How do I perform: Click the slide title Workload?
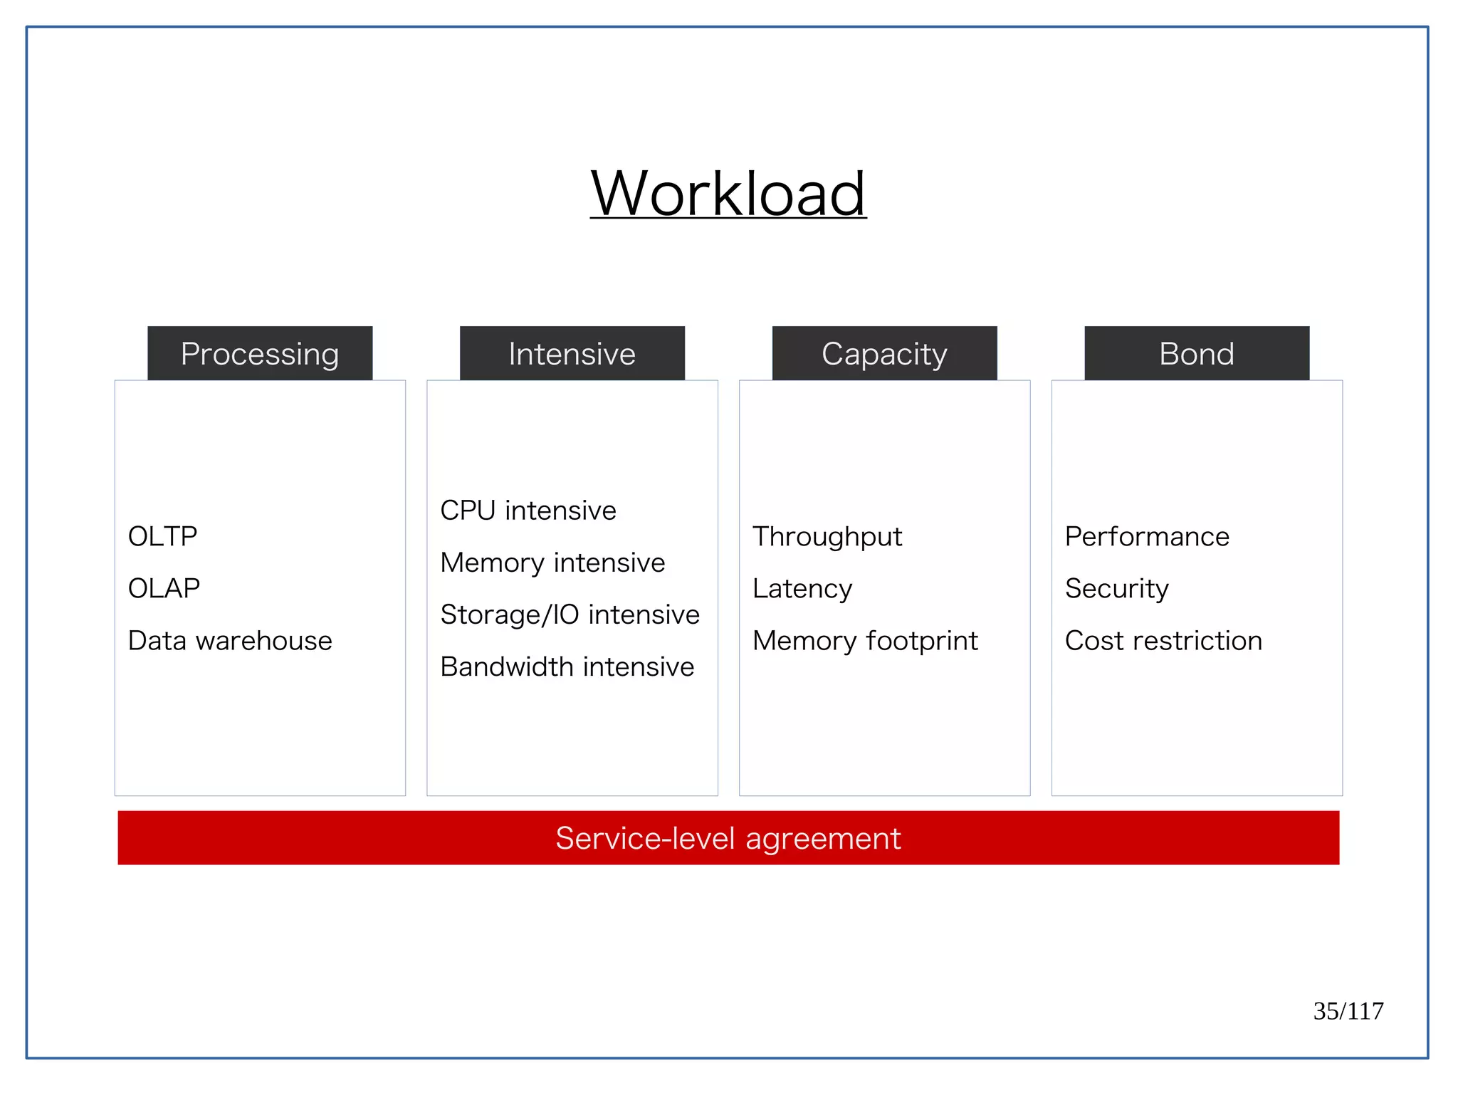tap(728, 194)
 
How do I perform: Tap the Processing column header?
tap(260, 354)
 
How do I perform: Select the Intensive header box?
tap(572, 354)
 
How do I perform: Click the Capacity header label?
tap(884, 354)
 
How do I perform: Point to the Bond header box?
tap(1196, 354)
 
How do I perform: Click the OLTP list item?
tap(162, 536)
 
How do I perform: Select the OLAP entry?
tap(164, 588)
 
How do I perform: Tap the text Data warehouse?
tap(230, 641)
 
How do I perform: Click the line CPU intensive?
tap(528, 511)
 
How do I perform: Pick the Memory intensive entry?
tap(552, 563)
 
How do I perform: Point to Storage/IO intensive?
tap(570, 615)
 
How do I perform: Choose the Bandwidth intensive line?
tap(567, 667)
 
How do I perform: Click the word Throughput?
tap(827, 537)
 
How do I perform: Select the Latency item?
tap(802, 589)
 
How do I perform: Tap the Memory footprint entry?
tap(865, 641)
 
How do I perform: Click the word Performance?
tap(1147, 537)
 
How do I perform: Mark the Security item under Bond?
tap(1116, 589)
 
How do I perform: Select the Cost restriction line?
tap(1163, 641)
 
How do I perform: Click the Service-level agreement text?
tap(728, 838)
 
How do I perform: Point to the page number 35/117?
tap(1348, 1011)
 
